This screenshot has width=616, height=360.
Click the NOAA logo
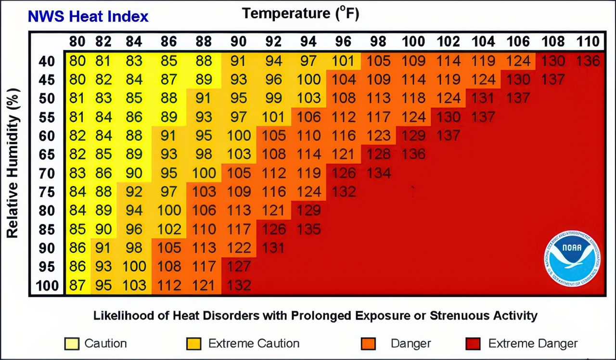coord(572,258)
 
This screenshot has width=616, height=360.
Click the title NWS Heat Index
coord(88,16)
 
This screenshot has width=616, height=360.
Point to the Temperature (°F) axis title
coord(301,13)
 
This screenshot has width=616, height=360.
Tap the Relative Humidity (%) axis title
coord(13,163)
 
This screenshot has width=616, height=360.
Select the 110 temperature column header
coord(588,41)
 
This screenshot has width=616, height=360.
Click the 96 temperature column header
coord(343,41)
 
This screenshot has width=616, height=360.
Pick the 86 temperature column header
coord(168,41)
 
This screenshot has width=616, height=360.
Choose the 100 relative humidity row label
coord(47,286)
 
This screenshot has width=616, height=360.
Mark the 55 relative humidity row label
coord(47,117)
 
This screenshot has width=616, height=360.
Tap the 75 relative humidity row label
coord(47,192)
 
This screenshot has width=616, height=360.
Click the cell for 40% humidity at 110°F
coord(588,61)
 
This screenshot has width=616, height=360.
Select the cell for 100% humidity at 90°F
coord(239,285)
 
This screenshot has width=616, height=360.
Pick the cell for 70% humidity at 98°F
coord(378,173)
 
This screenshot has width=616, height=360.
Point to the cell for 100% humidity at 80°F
coord(77,285)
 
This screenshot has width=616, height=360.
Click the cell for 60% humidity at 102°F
coord(449,136)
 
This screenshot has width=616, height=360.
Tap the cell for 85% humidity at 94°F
coord(308,229)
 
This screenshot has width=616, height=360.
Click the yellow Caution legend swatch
coord(71,344)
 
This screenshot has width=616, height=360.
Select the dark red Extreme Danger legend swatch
coord(474,344)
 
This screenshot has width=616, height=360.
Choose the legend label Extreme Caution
coord(254,344)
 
